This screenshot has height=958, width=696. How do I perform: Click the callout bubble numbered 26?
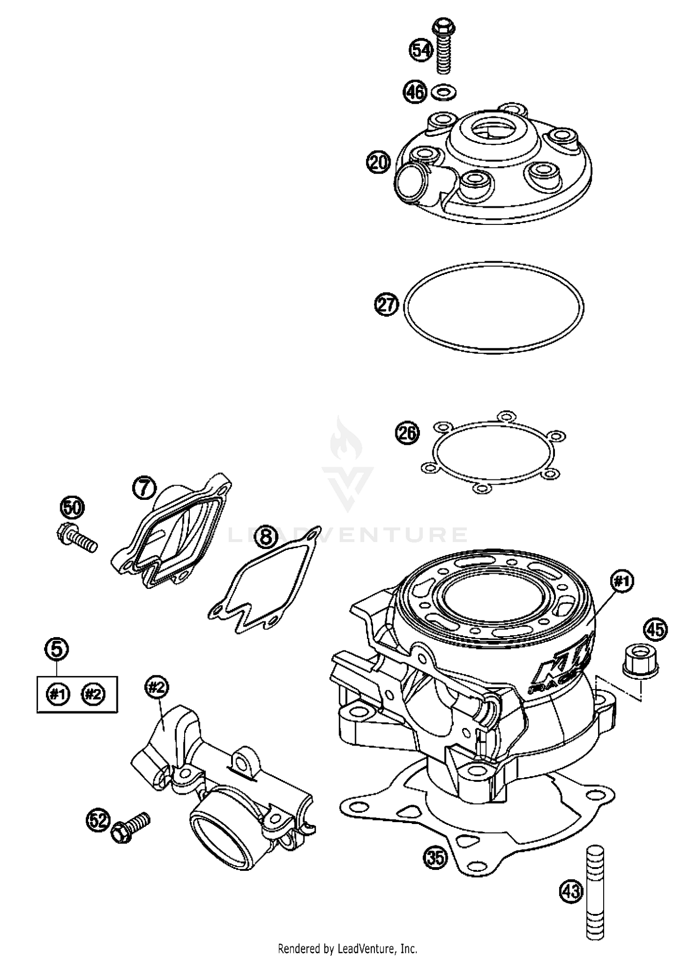pyautogui.click(x=406, y=434)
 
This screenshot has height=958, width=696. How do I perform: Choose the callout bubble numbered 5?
pyautogui.click(x=57, y=649)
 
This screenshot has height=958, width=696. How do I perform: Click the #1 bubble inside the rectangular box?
pyautogui.click(x=58, y=694)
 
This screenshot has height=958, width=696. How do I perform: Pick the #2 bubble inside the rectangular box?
pyautogui.click(x=93, y=694)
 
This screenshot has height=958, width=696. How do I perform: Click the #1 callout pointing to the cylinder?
pyautogui.click(x=622, y=581)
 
